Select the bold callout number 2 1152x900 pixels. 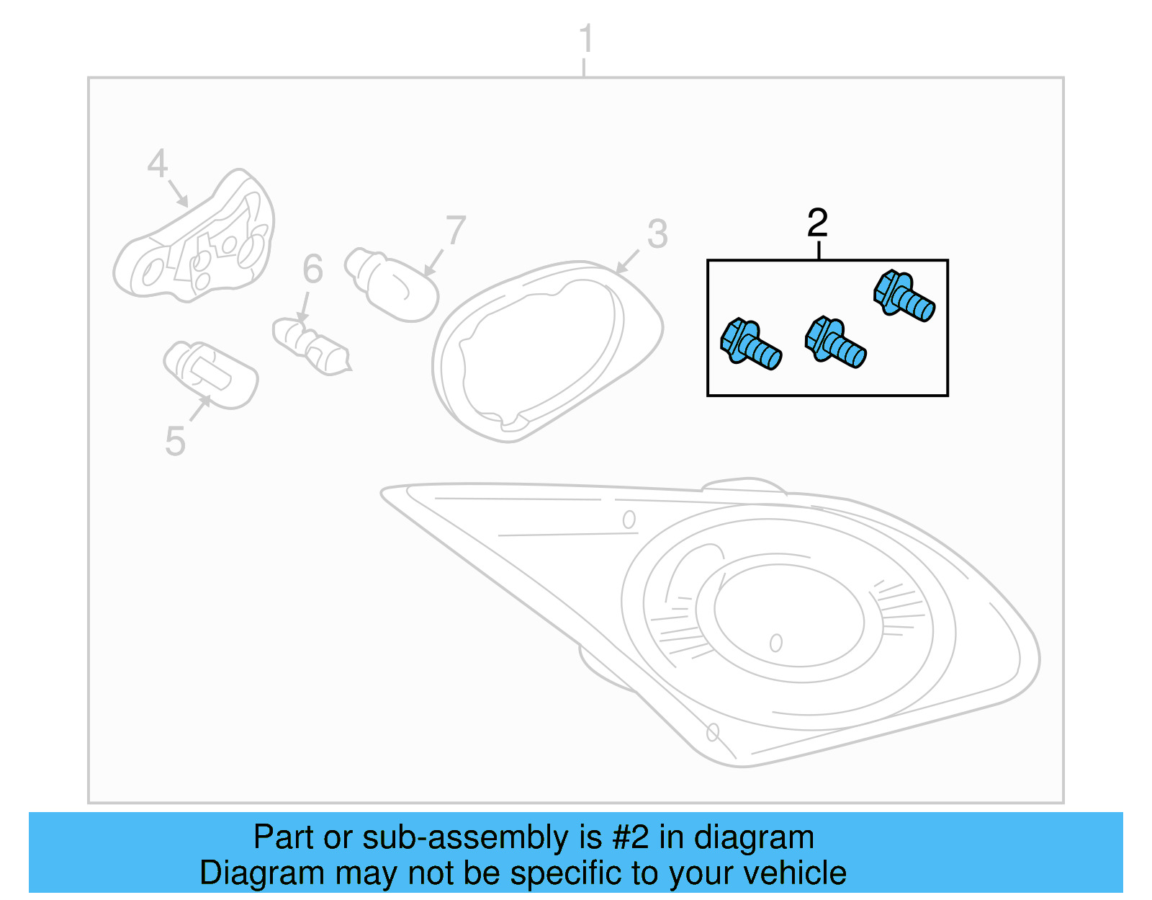pos(817,223)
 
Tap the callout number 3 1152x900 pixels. pos(657,234)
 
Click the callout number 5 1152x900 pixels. pos(176,441)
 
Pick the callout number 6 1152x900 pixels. pos(312,269)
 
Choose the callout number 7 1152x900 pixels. pos(456,230)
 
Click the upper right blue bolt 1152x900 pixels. pos(904,296)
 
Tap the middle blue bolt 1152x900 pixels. pos(835,342)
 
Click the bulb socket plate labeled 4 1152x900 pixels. pos(194,236)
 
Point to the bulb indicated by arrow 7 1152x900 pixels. pos(392,285)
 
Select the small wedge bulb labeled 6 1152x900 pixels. pos(312,347)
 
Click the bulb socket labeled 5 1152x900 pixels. pos(211,375)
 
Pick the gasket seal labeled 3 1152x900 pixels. pos(547,352)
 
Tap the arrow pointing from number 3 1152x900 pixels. pos(627,262)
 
